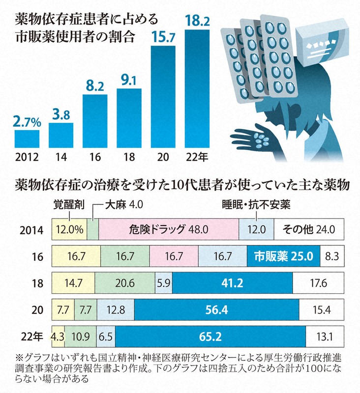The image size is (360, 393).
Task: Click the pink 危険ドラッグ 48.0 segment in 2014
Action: [x=169, y=228]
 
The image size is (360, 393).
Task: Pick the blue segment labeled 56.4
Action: [x=216, y=310]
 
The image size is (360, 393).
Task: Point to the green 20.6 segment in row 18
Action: [x=125, y=283]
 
